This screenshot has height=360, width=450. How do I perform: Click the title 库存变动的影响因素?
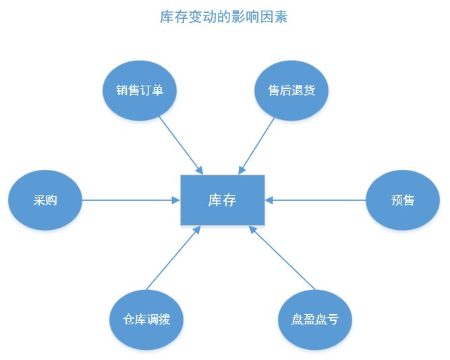pyautogui.click(x=223, y=17)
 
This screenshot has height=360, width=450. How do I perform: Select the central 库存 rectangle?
pyautogui.click(x=223, y=200)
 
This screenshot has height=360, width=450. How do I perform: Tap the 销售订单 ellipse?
pyautogui.click(x=140, y=90)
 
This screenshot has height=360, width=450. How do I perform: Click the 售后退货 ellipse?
pyautogui.click(x=291, y=90)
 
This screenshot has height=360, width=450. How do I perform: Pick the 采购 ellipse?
pyautogui.click(x=45, y=200)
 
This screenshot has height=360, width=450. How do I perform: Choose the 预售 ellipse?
pyautogui.click(x=403, y=200)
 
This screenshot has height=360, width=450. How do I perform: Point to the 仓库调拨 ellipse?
pyautogui.click(x=146, y=320)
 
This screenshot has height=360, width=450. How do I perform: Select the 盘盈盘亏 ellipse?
pyautogui.click(x=315, y=320)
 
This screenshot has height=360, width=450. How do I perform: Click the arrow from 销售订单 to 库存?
pyautogui.click(x=181, y=146)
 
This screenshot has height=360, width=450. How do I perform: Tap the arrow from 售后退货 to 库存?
pyautogui.click(x=256, y=146)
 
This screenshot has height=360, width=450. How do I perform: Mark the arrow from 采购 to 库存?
pyautogui.click(x=131, y=200)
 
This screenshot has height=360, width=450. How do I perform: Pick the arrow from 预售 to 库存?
pyautogui.click(x=315, y=200)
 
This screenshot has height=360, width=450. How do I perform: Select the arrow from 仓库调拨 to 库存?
pyautogui.click(x=173, y=258)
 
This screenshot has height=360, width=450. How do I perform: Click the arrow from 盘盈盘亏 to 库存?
pyautogui.click(x=282, y=258)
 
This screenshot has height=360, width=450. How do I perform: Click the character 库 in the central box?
pyautogui.click(x=215, y=200)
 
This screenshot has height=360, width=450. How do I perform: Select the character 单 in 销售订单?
pyautogui.click(x=158, y=90)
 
